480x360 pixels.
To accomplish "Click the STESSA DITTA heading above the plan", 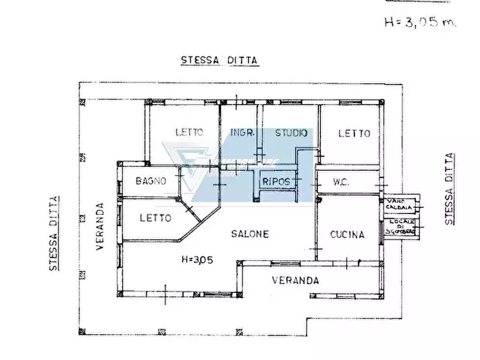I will pyautogui.click(x=219, y=60).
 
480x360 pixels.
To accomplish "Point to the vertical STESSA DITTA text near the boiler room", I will pyautogui.click(x=449, y=189).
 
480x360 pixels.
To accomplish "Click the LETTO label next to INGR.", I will pyautogui.click(x=189, y=132).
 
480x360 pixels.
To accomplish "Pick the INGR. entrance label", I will pyautogui.click(x=242, y=133).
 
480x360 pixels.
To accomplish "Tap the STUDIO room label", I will pyautogui.click(x=291, y=133).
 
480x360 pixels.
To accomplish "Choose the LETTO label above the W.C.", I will pyautogui.click(x=354, y=133).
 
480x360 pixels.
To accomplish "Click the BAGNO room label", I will pyautogui.click(x=151, y=181).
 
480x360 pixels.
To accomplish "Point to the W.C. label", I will pyautogui.click(x=341, y=182).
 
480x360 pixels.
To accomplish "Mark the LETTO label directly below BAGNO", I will pyautogui.click(x=155, y=218).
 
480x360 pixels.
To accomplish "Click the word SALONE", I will pyautogui.click(x=250, y=234).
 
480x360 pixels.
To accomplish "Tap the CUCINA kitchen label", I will pyautogui.click(x=347, y=234).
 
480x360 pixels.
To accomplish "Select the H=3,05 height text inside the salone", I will pyautogui.click(x=197, y=259).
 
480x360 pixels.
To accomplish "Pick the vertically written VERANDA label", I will pyautogui.click(x=99, y=226).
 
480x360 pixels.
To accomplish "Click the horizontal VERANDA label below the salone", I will pyautogui.click(x=295, y=280).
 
